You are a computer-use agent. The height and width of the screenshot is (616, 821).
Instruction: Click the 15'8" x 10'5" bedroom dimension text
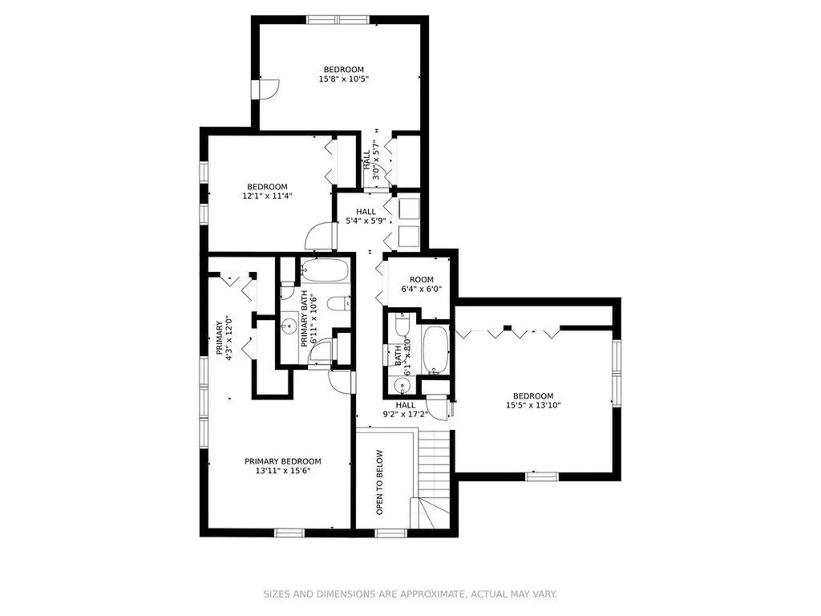(x=343, y=79)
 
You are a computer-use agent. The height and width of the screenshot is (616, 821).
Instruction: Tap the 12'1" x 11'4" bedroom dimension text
(x=267, y=197)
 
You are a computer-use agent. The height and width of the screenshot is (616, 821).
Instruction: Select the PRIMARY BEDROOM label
(x=283, y=461)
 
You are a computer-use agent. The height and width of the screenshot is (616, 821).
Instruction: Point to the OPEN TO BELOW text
(x=379, y=482)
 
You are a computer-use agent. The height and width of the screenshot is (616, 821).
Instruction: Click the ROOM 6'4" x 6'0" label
(x=422, y=285)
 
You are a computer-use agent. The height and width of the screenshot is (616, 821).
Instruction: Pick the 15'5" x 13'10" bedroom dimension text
(x=533, y=405)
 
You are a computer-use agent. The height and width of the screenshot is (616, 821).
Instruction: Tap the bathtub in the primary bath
(x=326, y=270)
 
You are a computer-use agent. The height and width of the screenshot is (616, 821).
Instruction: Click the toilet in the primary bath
(x=339, y=303)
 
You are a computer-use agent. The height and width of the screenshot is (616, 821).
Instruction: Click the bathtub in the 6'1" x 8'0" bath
(x=435, y=350)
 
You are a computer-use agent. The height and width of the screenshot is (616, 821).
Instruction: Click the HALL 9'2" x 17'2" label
(x=405, y=410)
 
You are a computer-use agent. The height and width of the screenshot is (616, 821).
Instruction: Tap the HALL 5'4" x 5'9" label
(x=366, y=217)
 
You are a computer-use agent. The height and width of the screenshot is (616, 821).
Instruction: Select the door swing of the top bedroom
(x=271, y=89)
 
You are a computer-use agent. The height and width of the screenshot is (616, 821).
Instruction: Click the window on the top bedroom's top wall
(x=338, y=20)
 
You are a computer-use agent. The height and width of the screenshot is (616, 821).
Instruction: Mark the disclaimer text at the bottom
(x=410, y=594)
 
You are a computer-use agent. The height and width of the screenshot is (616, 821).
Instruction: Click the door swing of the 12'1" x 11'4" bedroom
(x=319, y=237)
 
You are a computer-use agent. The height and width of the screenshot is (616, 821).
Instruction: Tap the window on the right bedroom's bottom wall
(x=542, y=476)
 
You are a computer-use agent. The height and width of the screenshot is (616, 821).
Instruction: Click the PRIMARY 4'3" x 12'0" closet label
(x=224, y=338)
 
